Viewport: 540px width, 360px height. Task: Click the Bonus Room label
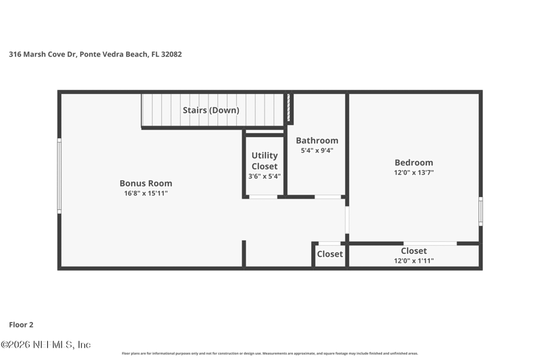(146, 183)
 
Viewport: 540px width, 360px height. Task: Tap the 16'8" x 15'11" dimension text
(146, 193)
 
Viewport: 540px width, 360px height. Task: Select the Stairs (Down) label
(211, 110)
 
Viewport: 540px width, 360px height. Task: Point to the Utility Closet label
(265, 161)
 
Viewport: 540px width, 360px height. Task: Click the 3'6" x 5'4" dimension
(265, 176)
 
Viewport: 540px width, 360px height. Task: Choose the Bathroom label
(317, 140)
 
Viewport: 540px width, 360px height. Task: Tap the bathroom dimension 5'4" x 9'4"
(317, 151)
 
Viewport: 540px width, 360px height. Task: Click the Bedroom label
(414, 163)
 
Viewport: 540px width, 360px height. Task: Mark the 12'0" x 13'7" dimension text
(414, 173)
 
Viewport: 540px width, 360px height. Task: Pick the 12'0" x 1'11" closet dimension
(414, 261)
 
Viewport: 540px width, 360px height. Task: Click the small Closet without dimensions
(330, 254)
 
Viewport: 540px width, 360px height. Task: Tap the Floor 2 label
(21, 325)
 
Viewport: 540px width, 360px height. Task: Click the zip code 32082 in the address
(171, 54)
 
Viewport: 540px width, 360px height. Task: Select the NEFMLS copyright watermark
(45, 344)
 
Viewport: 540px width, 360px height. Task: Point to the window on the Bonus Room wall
(59, 176)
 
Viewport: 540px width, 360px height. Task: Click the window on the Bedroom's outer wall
(481, 211)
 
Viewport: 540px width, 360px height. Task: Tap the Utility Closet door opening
(263, 197)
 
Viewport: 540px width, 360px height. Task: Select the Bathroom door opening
(328, 197)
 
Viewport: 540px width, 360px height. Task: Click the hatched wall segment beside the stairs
(289, 107)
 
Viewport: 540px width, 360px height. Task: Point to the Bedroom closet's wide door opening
(430, 244)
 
